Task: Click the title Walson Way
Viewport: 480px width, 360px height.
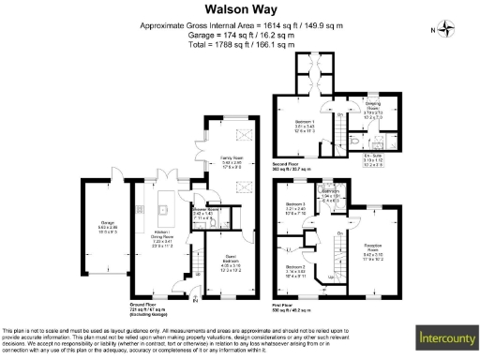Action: click(240, 11)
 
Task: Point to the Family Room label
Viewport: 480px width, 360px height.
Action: click(232, 161)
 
